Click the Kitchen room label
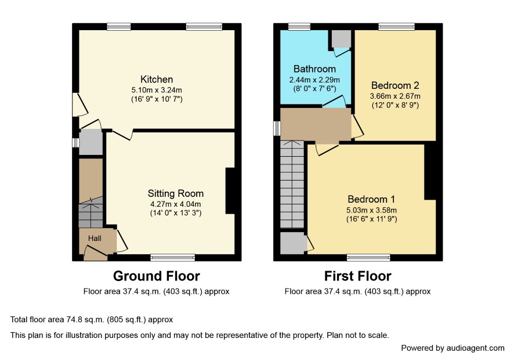[x=157, y=80]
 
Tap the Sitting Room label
[x=175, y=193]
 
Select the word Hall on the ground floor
[x=95, y=239]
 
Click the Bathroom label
[x=314, y=69]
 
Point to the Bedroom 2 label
[x=395, y=86]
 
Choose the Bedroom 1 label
[x=371, y=200]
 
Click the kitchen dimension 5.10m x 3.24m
[x=157, y=90]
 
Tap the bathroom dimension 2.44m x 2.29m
[x=314, y=80]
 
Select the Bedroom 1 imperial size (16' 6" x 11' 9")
[x=371, y=219]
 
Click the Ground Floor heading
[x=157, y=276]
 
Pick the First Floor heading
[x=357, y=276]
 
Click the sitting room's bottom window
[x=172, y=258]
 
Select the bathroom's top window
[x=299, y=27]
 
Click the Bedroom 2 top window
[x=396, y=27]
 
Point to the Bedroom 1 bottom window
[x=368, y=258]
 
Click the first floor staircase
[x=292, y=184]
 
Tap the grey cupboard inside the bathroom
[x=341, y=39]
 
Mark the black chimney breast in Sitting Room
[x=230, y=191]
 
